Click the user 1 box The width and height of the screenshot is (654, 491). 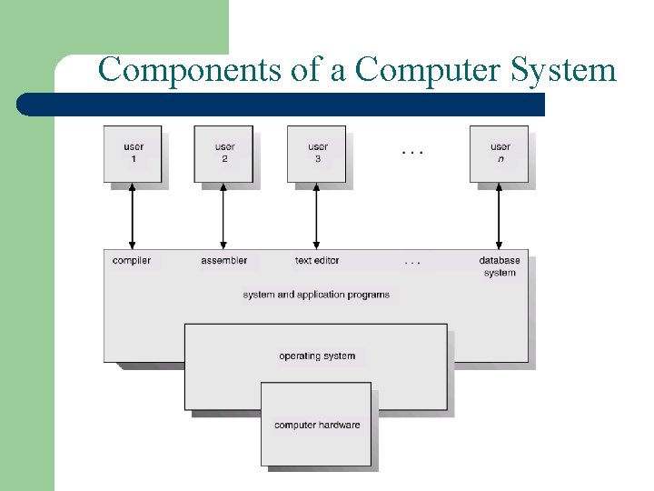tap(133, 154)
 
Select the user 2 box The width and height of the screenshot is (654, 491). tap(223, 154)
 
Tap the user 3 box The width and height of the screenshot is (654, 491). tap(316, 154)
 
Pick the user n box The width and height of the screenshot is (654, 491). tap(499, 154)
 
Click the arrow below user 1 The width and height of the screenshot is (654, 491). tap(133, 215)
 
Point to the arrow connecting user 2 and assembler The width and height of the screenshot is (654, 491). tap(223, 215)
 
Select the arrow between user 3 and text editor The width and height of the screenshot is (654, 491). tap(316, 215)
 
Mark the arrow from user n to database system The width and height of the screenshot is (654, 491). tap(499, 215)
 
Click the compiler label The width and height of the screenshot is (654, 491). tap(132, 261)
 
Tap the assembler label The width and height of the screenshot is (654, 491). tap(223, 261)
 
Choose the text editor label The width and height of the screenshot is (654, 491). tap(317, 261)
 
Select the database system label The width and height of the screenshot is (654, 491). tap(500, 266)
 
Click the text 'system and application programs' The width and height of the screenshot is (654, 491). tap(316, 295)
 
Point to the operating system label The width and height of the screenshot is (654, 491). tap(317, 356)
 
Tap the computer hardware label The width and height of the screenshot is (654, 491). tap(317, 425)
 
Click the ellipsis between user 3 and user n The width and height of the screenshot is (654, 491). tap(412, 152)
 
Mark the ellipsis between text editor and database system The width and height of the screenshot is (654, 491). tap(412, 262)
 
